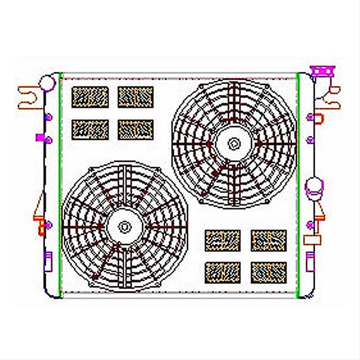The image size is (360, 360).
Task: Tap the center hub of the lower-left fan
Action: point(124,227)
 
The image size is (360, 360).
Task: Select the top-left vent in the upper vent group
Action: point(90,97)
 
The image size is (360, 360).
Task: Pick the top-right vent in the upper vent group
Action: point(136,97)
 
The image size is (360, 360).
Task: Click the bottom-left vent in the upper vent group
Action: point(90,130)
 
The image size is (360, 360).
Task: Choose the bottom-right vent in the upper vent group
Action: point(136,130)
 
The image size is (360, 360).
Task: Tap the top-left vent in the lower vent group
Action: point(223,240)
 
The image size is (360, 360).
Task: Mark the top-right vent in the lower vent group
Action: point(269,240)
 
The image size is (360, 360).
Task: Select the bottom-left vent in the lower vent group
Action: point(223,272)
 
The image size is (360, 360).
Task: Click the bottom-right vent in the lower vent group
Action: point(269,272)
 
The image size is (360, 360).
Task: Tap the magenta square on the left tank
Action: point(40,137)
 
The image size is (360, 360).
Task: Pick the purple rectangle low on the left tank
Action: point(47,261)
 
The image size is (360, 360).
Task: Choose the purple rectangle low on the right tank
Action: point(310,260)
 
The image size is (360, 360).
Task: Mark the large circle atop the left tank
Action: point(47,82)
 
